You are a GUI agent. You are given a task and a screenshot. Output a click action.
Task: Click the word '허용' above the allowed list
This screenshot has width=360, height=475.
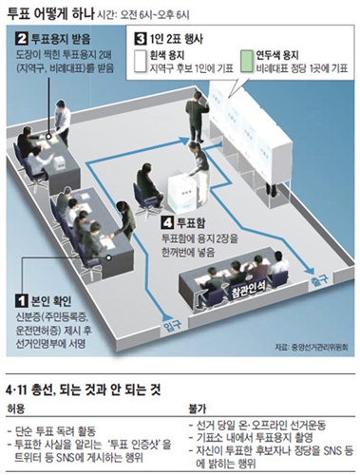click(18, 406)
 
